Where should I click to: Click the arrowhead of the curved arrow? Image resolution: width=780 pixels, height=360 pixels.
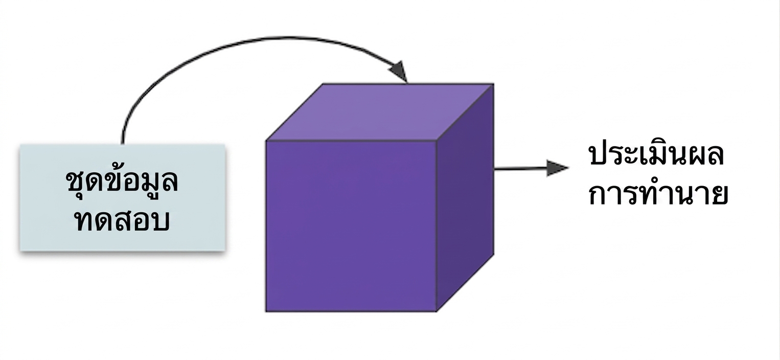[399, 72]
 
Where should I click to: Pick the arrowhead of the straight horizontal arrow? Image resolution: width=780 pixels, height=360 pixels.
[557, 168]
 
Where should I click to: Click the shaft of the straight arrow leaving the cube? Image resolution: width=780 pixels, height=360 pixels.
[520, 169]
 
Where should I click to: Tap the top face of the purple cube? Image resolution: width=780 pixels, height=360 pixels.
[380, 112]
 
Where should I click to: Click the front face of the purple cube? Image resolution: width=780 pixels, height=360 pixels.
[351, 226]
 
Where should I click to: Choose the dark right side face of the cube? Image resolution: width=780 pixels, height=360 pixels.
[465, 197]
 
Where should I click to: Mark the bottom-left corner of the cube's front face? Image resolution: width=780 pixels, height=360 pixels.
[266, 311]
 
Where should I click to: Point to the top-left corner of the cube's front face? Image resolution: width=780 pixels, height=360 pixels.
[266, 141]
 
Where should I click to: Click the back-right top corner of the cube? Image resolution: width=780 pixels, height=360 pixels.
[493, 84]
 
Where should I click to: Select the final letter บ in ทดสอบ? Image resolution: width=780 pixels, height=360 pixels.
[160, 221]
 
